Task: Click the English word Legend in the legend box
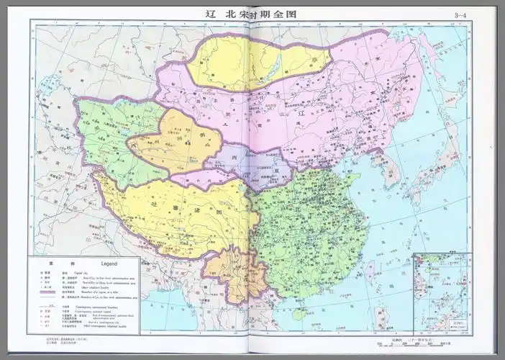[x=118, y=264]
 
